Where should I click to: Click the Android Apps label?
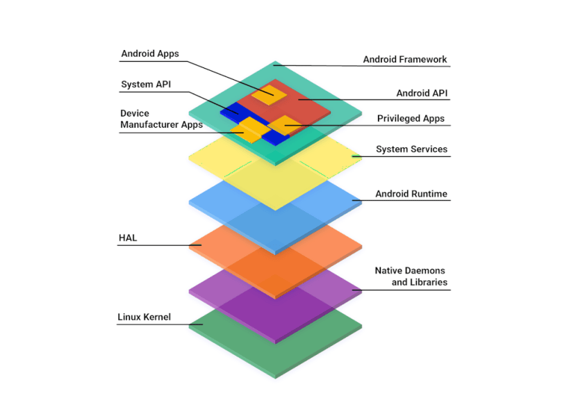coord(149,53)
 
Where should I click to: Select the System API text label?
coord(146,85)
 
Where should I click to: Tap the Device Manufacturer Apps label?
coord(161,119)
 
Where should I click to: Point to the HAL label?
coord(128,238)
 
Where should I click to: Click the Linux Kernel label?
coord(144,317)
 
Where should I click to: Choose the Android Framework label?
coord(405,60)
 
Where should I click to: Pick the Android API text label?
coord(422,93)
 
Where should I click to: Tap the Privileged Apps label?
coord(411,119)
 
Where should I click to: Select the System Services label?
coord(411,149)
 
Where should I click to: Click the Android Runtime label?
coord(411,194)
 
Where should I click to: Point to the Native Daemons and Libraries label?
coord(411,276)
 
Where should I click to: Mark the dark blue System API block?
coord(229,111)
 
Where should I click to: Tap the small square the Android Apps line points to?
coord(268,94)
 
